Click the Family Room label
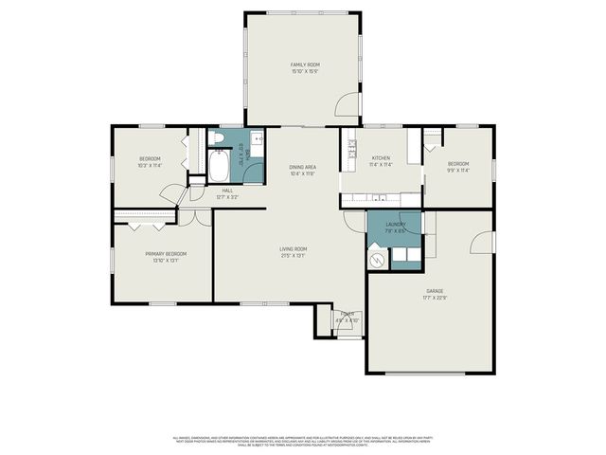304,64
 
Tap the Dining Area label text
303,167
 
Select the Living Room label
293,248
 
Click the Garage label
434,291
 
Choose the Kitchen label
381,157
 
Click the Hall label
227,191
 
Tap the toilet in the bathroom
219,139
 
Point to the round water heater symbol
377,257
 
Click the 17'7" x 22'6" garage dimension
434,299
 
